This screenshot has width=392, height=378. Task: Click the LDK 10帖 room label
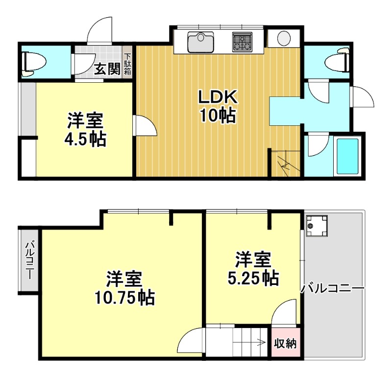coord(217,106)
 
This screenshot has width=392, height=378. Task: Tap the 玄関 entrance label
coord(107,69)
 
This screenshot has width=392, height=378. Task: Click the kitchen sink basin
coord(201,42)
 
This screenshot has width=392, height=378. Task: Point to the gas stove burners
coord(242,42)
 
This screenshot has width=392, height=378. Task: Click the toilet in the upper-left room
coord(33,64)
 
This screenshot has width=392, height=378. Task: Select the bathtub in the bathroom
coord(347,156)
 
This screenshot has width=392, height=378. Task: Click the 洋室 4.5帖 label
coord(85,130)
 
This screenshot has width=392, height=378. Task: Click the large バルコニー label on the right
coord(333,289)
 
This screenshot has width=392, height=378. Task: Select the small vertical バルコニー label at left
coord(29,260)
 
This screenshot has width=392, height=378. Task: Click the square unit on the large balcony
coord(316,226)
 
